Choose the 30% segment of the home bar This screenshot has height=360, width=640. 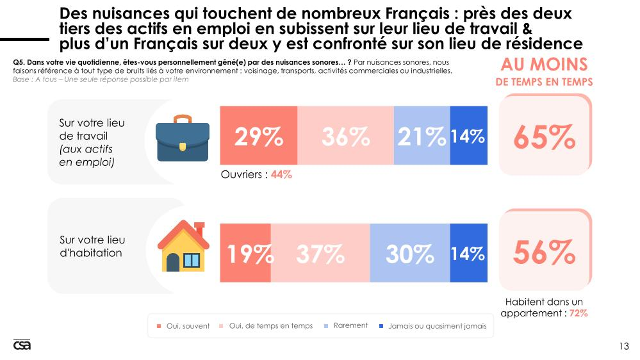[x=409, y=254]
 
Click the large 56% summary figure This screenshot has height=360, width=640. [x=544, y=254]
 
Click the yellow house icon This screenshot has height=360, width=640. [x=183, y=248]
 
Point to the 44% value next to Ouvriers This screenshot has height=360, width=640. [x=281, y=174]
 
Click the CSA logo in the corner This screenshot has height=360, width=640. [x=22, y=345]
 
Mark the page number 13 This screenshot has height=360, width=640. [x=624, y=346]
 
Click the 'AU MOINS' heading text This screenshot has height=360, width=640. [x=544, y=64]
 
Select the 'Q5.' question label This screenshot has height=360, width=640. [x=19, y=61]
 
